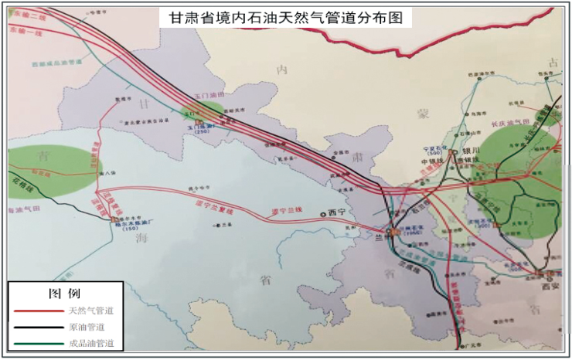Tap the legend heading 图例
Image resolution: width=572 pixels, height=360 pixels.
point(65,294)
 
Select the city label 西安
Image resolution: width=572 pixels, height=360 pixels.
point(550,284)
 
